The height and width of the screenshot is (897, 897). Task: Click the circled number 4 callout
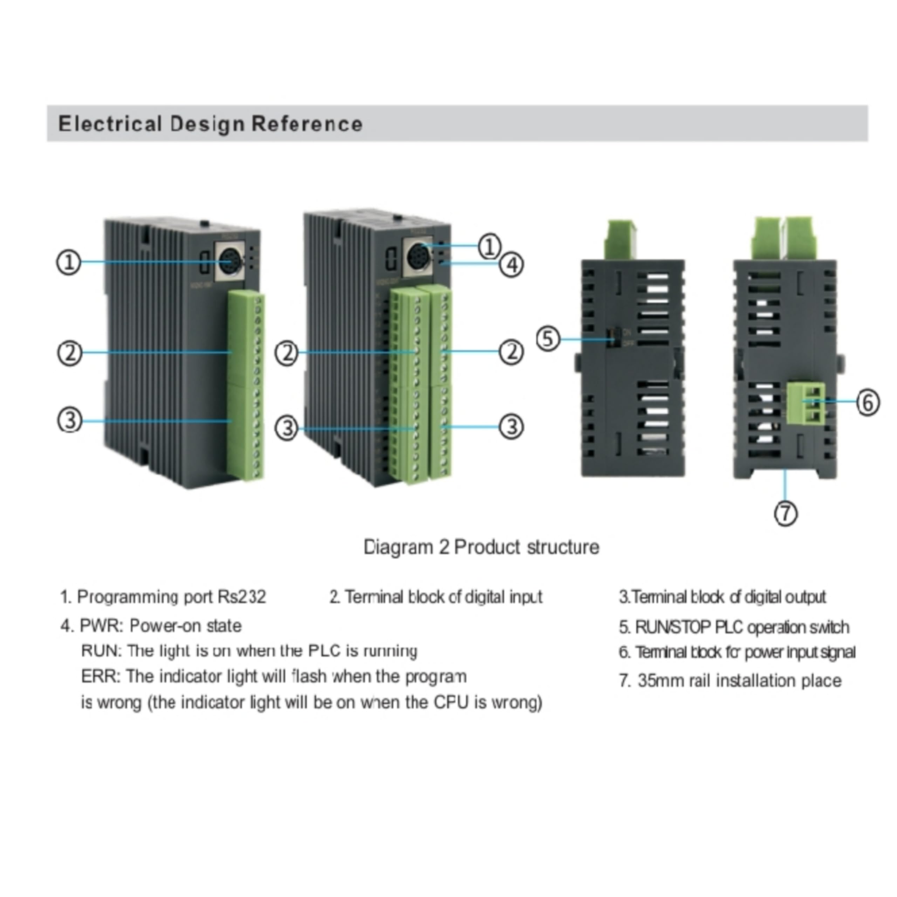(511, 265)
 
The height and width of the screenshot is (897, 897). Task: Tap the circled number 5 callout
(548, 338)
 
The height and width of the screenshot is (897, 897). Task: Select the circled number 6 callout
(867, 402)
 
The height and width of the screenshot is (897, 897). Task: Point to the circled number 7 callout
(786, 514)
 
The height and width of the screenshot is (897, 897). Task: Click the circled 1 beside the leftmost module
(69, 262)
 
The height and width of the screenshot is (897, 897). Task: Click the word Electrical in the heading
(110, 124)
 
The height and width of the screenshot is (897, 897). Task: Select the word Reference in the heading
(307, 124)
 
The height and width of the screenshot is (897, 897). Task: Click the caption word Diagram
(398, 547)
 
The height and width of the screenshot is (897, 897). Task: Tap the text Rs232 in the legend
(242, 597)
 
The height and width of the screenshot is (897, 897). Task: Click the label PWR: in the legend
(101, 626)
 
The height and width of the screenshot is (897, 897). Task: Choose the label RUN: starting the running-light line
(101, 651)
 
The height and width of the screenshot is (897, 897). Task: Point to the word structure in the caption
(563, 547)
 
